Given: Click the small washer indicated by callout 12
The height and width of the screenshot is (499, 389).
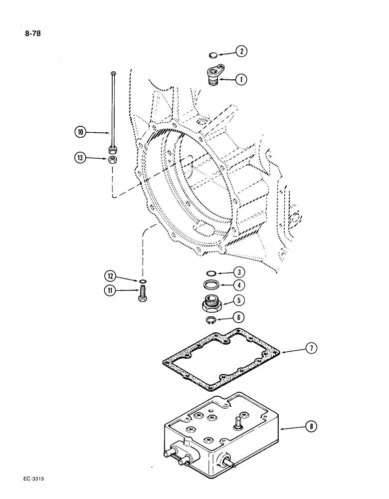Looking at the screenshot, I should click(143, 281).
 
